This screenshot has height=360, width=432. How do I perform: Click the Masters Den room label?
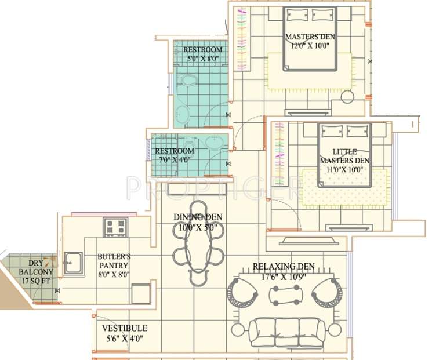click(310, 38)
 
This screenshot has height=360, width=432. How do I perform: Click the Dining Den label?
click(198, 217)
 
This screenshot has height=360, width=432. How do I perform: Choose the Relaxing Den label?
click(284, 267)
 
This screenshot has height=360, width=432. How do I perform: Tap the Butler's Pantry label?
click(113, 260)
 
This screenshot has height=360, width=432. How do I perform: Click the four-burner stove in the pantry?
click(116, 227)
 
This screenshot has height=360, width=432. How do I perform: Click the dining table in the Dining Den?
click(197, 243)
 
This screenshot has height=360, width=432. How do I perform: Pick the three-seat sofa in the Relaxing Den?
click(286, 331)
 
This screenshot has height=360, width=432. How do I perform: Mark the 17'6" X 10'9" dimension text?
click(284, 277)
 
